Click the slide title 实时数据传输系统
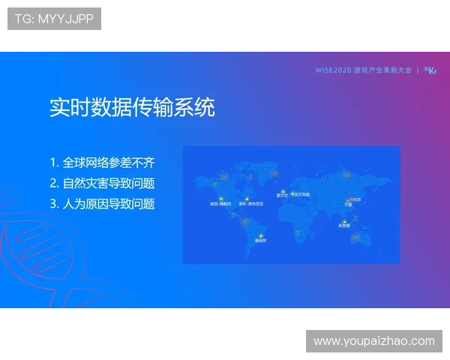(132, 107)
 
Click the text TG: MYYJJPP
(54, 19)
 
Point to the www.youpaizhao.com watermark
(374, 341)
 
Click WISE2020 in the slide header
(334, 70)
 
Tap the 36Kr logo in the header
(430, 70)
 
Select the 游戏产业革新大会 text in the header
(383, 70)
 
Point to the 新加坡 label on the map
(343, 226)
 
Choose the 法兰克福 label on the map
(302, 194)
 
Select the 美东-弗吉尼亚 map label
(250, 203)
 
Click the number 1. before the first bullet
(54, 163)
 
